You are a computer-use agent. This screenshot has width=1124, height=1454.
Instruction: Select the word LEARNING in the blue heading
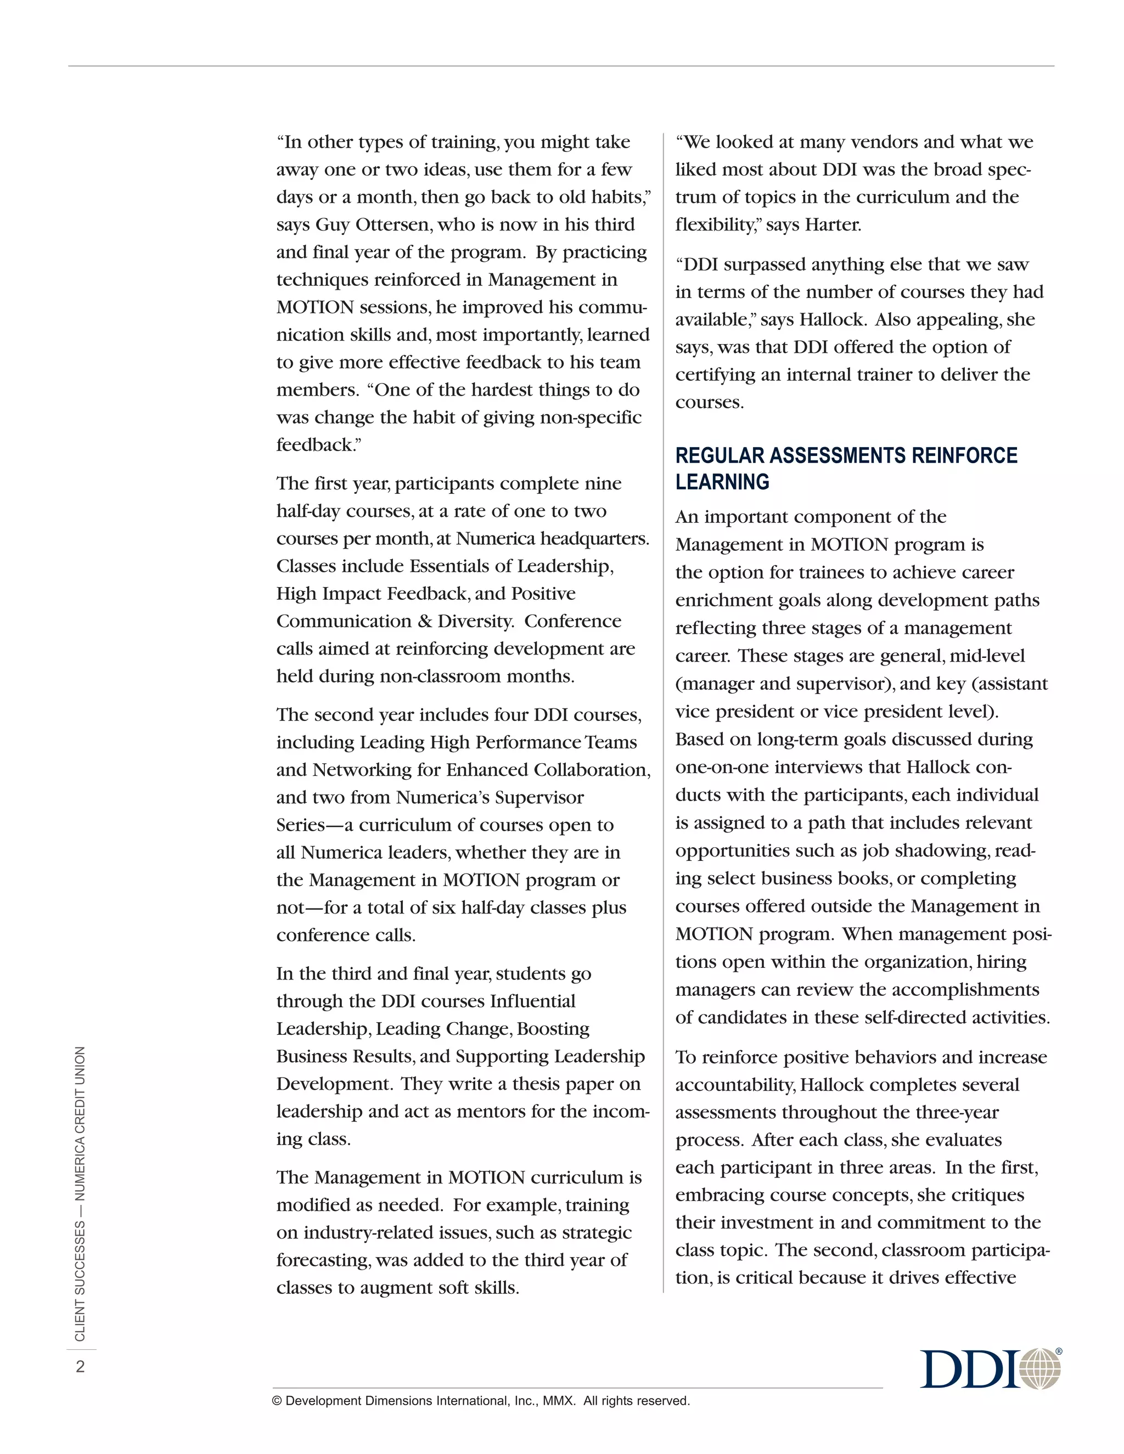tap(722, 482)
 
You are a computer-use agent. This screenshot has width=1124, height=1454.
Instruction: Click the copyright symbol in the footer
tap(277, 1401)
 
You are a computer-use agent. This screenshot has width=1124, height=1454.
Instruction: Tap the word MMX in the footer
tap(558, 1401)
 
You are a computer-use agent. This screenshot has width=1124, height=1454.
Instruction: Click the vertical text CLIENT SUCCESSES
tap(81, 1282)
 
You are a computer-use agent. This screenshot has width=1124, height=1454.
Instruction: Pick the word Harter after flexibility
tap(833, 225)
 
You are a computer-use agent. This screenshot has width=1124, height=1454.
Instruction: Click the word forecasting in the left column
tap(322, 1260)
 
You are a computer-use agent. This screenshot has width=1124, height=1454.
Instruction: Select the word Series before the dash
tap(300, 825)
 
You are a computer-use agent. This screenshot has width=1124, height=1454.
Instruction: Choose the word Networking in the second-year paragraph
tap(361, 770)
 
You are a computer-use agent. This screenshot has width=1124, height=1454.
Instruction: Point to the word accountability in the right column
tap(734, 1085)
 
